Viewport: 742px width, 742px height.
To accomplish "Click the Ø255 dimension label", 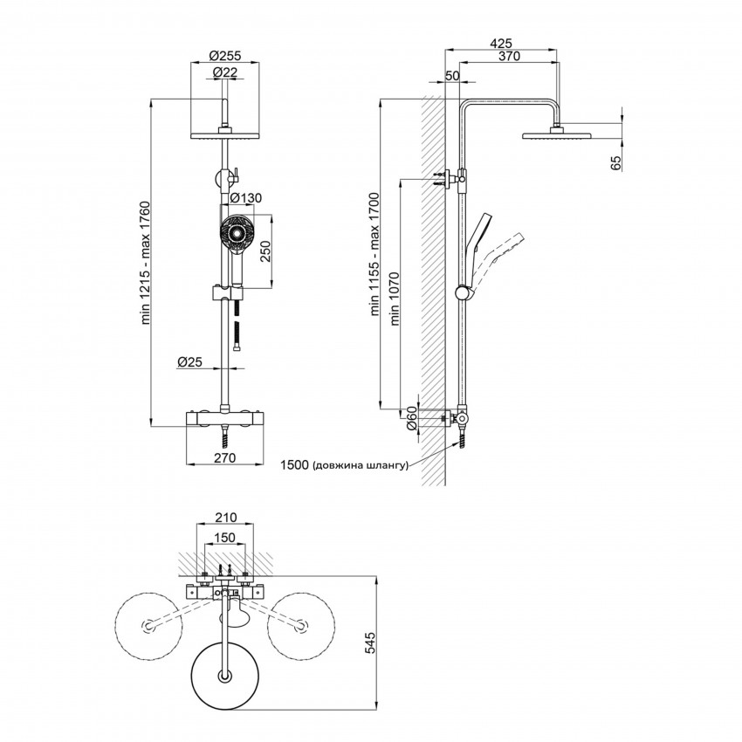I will (225, 57).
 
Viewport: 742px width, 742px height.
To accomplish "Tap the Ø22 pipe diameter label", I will (225, 73).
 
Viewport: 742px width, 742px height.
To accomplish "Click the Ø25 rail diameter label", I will (190, 361).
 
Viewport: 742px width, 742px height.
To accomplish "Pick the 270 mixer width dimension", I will (226, 456).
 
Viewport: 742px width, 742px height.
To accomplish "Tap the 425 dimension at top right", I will (500, 42).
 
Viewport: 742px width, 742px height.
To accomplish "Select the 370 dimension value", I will (509, 57).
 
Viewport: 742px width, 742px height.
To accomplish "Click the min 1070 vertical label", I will (395, 296).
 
